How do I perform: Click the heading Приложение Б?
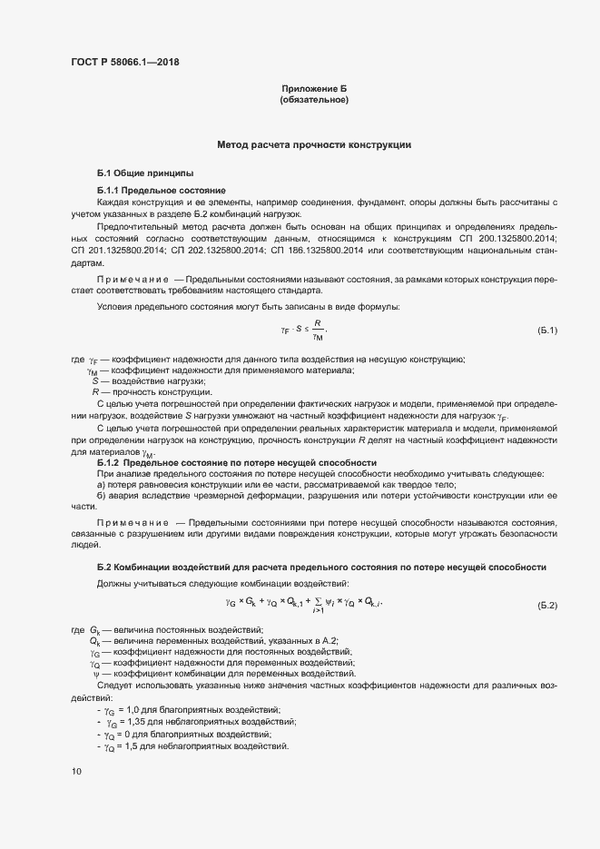[x=314, y=88]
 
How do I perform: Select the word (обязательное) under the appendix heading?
[x=314, y=99]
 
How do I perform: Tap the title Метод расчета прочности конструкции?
[x=314, y=144]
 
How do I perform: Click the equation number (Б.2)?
[x=547, y=605]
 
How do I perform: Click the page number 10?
[x=76, y=771]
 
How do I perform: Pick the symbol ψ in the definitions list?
[x=95, y=675]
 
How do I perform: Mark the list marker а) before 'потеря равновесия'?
[x=102, y=485]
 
